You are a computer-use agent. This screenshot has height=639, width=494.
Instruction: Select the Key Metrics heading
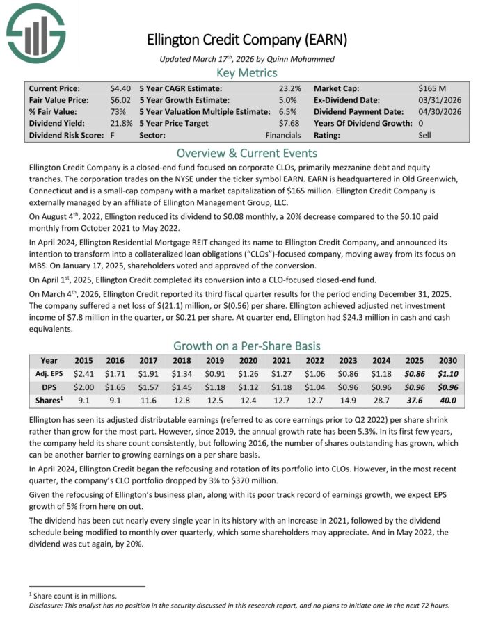coord(247,72)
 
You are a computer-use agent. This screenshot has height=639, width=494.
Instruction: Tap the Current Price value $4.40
coord(120,89)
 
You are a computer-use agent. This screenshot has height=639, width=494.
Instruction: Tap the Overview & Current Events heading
coord(247,153)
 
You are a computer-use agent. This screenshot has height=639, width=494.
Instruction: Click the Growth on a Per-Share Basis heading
coord(247,346)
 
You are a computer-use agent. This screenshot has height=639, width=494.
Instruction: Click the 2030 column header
coord(447,362)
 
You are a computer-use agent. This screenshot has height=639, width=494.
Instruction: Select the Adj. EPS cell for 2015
coord(83,374)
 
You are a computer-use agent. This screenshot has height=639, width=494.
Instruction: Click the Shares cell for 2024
coord(381,400)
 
